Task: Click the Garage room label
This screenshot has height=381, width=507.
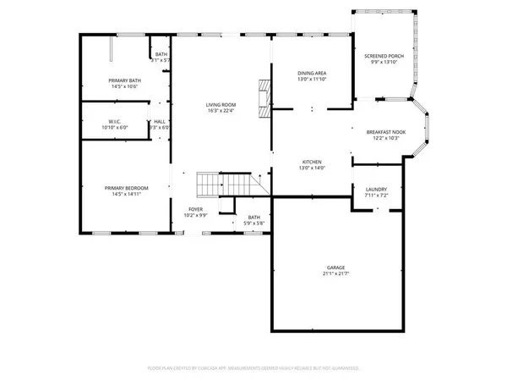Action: point(335,268)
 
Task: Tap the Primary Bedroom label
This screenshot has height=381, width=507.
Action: point(126,188)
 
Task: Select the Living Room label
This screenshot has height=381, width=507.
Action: point(221,104)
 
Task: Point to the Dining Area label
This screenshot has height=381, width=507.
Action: point(312,74)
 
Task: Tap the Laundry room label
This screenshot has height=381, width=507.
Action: point(376,190)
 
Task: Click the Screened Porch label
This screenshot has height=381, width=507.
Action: point(384,56)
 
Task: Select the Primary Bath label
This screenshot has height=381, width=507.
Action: point(123,80)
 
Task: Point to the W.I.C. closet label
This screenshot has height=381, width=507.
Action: point(116,121)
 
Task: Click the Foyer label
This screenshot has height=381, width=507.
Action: point(196,210)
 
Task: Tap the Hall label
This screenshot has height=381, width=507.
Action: point(160,121)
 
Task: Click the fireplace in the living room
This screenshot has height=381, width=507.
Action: point(265,98)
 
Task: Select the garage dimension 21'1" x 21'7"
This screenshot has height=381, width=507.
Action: point(335,274)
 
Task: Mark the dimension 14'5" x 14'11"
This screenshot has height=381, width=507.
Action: point(126,194)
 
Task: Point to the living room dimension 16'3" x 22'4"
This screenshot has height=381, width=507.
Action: point(221,110)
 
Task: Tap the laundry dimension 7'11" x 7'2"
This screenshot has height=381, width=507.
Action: point(376,196)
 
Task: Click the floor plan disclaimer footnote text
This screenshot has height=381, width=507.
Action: point(253,369)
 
